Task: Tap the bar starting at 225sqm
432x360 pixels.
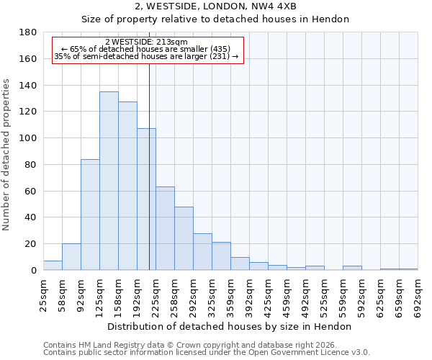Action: tap(165, 228)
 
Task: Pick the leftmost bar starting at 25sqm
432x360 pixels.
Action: tap(53, 266)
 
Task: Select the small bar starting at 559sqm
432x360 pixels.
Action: tap(352, 268)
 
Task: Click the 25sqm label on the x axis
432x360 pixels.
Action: tap(43, 295)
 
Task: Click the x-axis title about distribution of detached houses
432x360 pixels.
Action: tap(230, 326)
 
